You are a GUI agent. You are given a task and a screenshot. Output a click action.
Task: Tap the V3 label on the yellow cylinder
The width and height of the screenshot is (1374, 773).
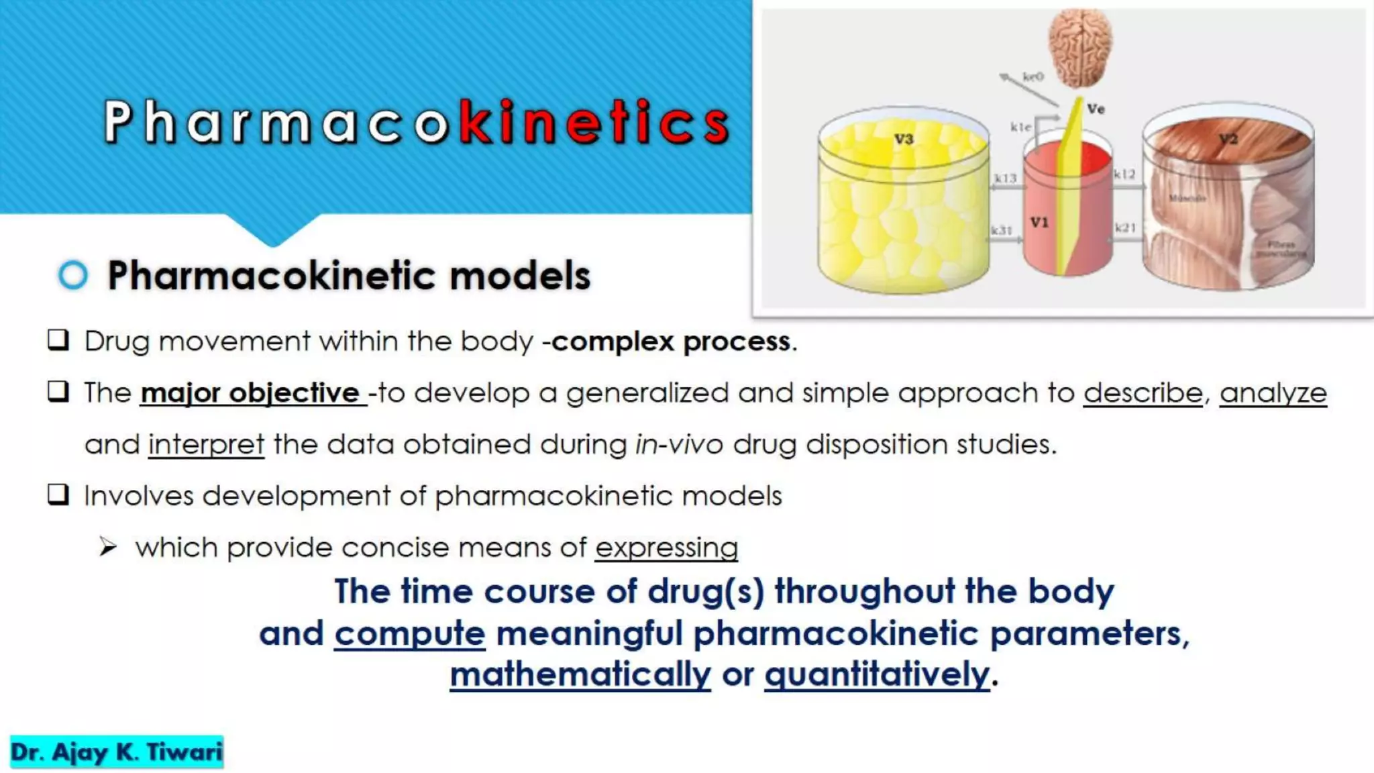[904, 140]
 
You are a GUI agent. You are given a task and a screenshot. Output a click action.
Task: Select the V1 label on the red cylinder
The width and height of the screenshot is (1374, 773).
[1039, 222]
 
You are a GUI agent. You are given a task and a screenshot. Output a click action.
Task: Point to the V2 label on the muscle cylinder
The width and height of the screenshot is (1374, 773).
[1228, 140]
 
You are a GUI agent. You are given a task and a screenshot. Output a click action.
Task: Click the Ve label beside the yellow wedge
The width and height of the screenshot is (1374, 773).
[1096, 109]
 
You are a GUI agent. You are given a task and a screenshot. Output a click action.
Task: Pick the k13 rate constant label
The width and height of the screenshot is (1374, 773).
[1005, 178]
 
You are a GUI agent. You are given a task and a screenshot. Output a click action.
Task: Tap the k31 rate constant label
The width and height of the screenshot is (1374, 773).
[1002, 230]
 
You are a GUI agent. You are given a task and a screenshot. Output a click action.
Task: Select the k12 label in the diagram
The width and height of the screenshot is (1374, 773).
[1124, 174]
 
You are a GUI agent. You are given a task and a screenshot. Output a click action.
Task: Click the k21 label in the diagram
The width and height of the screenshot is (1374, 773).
[1125, 228]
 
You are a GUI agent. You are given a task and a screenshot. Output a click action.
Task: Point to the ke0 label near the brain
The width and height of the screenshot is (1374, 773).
[1033, 76]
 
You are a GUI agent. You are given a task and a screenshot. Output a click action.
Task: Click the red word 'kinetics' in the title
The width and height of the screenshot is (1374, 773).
[594, 122]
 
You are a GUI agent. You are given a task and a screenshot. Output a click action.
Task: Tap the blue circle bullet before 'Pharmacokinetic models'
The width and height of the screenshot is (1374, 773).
[73, 275]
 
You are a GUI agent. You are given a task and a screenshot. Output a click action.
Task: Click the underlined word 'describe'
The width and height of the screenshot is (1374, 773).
[1143, 393]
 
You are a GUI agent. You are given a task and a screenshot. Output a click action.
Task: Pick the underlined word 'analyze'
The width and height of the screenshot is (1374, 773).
[1273, 393]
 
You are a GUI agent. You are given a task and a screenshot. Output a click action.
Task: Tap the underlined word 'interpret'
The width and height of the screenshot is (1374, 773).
[206, 444]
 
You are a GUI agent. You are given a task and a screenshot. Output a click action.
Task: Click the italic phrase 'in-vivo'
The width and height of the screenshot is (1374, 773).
[679, 444]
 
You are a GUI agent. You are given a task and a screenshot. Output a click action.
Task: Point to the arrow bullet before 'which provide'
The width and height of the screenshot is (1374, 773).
[107, 547]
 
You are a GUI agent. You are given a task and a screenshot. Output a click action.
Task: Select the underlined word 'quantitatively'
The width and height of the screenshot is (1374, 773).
[877, 674]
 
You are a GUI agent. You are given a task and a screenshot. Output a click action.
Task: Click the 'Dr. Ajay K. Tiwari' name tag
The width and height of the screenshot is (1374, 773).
[117, 752]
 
